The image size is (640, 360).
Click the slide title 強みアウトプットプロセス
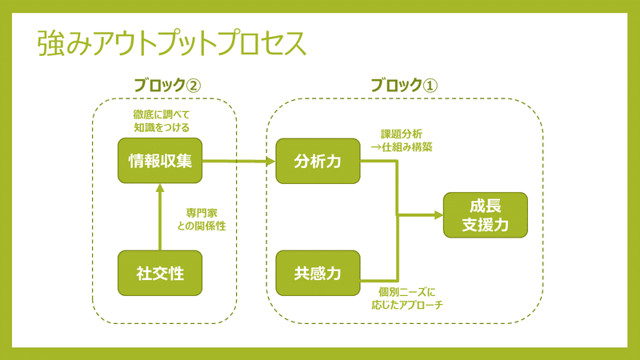pyautogui.click(x=172, y=44)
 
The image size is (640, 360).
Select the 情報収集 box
pyautogui.click(x=160, y=161)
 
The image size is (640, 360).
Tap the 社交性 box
pyautogui.click(x=160, y=273)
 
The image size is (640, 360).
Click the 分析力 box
pyautogui.click(x=318, y=161)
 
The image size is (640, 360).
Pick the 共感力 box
pyautogui.click(x=318, y=273)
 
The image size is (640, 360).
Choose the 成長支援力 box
pyautogui.click(x=486, y=214)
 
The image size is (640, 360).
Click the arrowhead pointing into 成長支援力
pyautogui.click(x=438, y=214)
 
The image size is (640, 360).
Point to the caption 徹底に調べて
pyautogui.click(x=161, y=114)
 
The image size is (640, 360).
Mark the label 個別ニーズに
pyautogui.click(x=407, y=292)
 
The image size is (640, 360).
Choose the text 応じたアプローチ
pyautogui.click(x=407, y=305)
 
